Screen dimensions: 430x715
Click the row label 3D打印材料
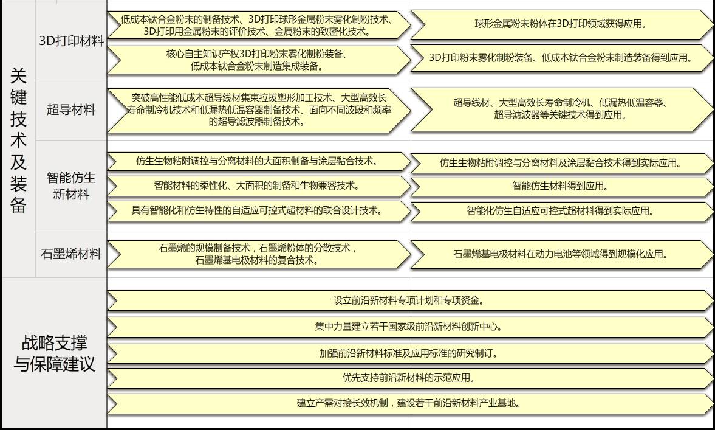[x=71, y=41]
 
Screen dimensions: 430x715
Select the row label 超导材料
[x=71, y=110]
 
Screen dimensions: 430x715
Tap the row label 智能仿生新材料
[x=71, y=186]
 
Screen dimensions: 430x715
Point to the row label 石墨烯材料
[x=71, y=254]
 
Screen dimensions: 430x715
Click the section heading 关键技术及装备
[x=18, y=140]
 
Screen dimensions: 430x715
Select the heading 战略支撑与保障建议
[x=54, y=353]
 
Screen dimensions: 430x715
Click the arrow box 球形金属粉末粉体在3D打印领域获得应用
[x=560, y=24]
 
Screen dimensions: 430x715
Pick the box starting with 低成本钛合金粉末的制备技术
[x=258, y=25]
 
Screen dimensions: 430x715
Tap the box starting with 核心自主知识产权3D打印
[x=258, y=60]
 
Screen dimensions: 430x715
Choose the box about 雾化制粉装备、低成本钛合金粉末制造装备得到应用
[x=560, y=58]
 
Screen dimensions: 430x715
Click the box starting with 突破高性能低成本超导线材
[x=258, y=110]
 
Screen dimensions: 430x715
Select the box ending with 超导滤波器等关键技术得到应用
[x=560, y=109]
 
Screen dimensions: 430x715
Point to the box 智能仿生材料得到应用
[x=560, y=187]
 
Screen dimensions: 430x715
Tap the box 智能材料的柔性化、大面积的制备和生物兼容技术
[x=258, y=186]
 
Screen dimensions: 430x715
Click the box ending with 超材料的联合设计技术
[x=258, y=210]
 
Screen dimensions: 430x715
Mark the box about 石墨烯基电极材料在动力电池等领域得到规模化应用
[x=560, y=254]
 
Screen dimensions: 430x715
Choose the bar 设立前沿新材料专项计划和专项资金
[x=408, y=300]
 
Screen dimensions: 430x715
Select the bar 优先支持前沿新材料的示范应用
[x=408, y=378]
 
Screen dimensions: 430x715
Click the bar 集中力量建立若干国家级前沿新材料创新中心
[x=408, y=327]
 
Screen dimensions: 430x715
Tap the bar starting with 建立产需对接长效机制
[x=408, y=403]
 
